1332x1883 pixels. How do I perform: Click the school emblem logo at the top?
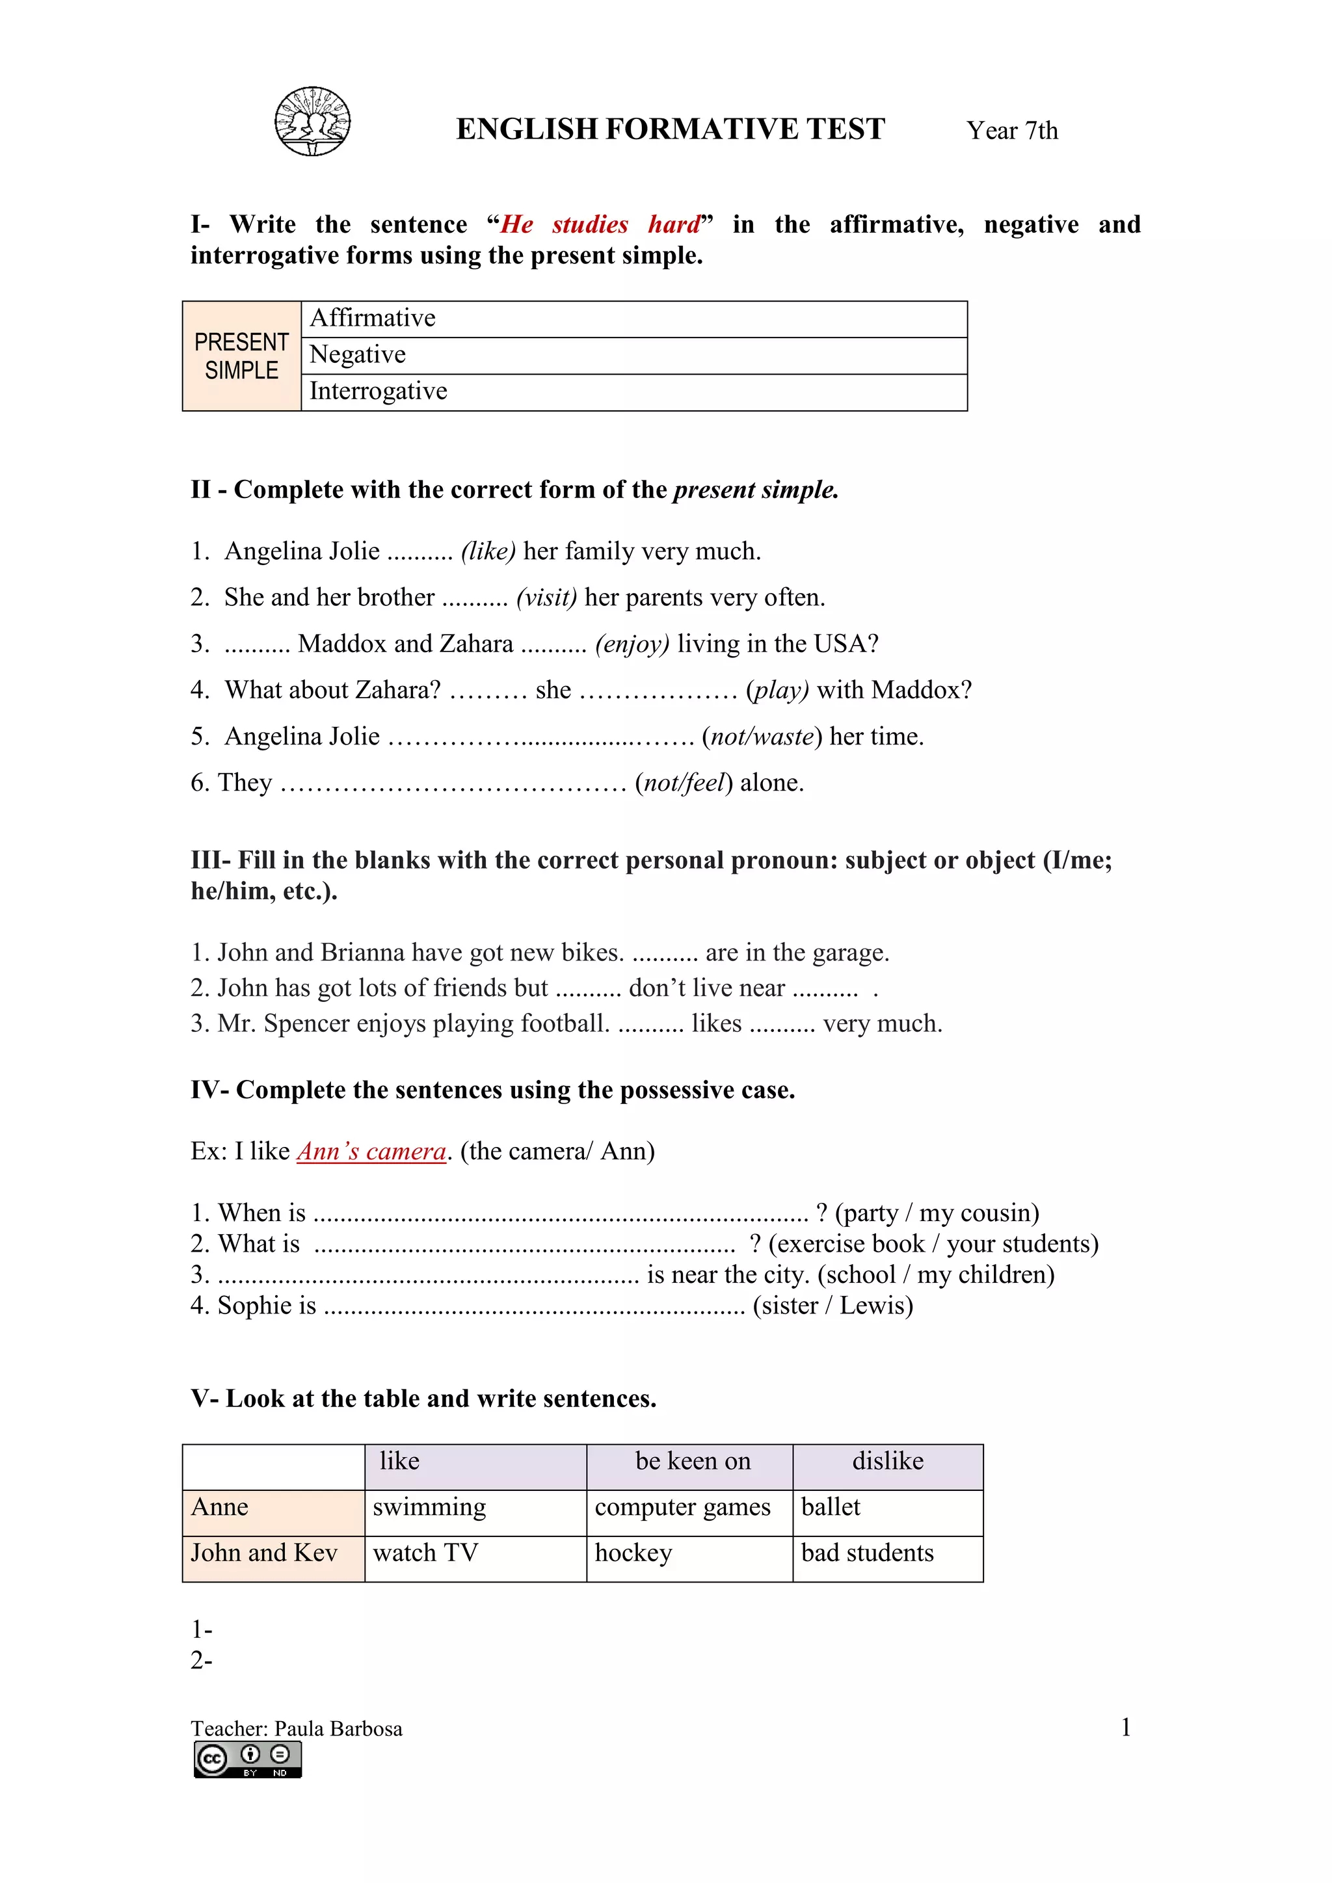pos(312,122)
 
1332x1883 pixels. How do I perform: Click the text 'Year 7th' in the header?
pos(1011,131)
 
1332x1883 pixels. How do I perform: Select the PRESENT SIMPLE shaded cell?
pos(241,356)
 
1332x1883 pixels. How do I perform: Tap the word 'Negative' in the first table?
pos(358,354)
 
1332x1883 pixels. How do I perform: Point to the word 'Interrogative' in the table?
pos(378,391)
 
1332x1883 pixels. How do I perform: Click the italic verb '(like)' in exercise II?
pos(488,551)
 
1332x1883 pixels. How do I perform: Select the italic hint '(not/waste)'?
pos(761,737)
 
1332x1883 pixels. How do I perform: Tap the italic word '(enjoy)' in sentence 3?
pos(632,644)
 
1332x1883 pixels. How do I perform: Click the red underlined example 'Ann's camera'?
pos(371,1152)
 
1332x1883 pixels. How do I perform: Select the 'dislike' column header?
pos(887,1462)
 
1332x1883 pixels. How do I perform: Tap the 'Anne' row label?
pos(220,1507)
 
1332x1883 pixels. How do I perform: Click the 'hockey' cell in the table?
pos(633,1553)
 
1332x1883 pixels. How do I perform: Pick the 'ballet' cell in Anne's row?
pos(830,1507)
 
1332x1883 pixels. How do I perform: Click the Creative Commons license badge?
pos(248,1760)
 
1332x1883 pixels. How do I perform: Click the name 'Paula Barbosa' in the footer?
pos(338,1729)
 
